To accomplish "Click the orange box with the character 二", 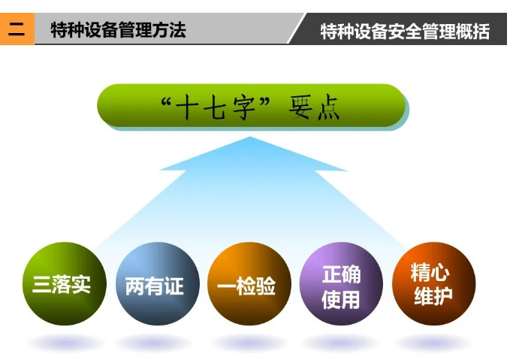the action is (17, 29).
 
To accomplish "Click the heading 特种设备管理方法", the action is (119, 30).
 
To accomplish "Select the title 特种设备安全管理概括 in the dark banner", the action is (405, 32).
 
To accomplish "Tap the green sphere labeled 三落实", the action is (65, 283).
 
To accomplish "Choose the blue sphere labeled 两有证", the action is (158, 283).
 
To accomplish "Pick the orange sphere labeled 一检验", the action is (249, 283).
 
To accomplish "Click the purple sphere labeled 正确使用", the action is (341, 283).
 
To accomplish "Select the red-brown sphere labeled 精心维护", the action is (434, 283).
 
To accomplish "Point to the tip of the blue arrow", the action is (250, 137).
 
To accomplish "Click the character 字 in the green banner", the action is (244, 107).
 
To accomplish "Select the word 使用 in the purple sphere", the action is (340, 300).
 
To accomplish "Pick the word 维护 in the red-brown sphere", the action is (433, 296).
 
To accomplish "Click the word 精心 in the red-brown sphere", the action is (430, 272).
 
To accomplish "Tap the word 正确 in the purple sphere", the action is (341, 274).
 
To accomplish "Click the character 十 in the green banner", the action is (187, 107).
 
